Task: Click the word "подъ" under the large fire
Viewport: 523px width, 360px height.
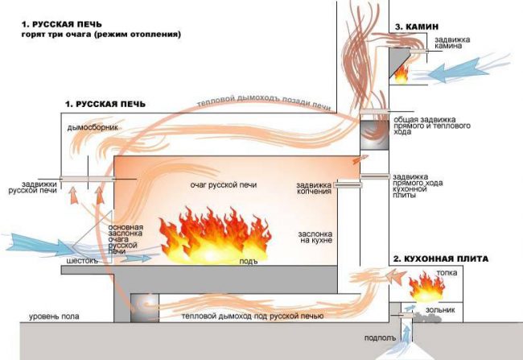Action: click(250, 262)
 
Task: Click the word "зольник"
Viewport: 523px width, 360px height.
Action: click(442, 308)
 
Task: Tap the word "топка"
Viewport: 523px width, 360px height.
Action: click(447, 274)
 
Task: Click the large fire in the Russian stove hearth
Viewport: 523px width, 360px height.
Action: click(214, 231)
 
